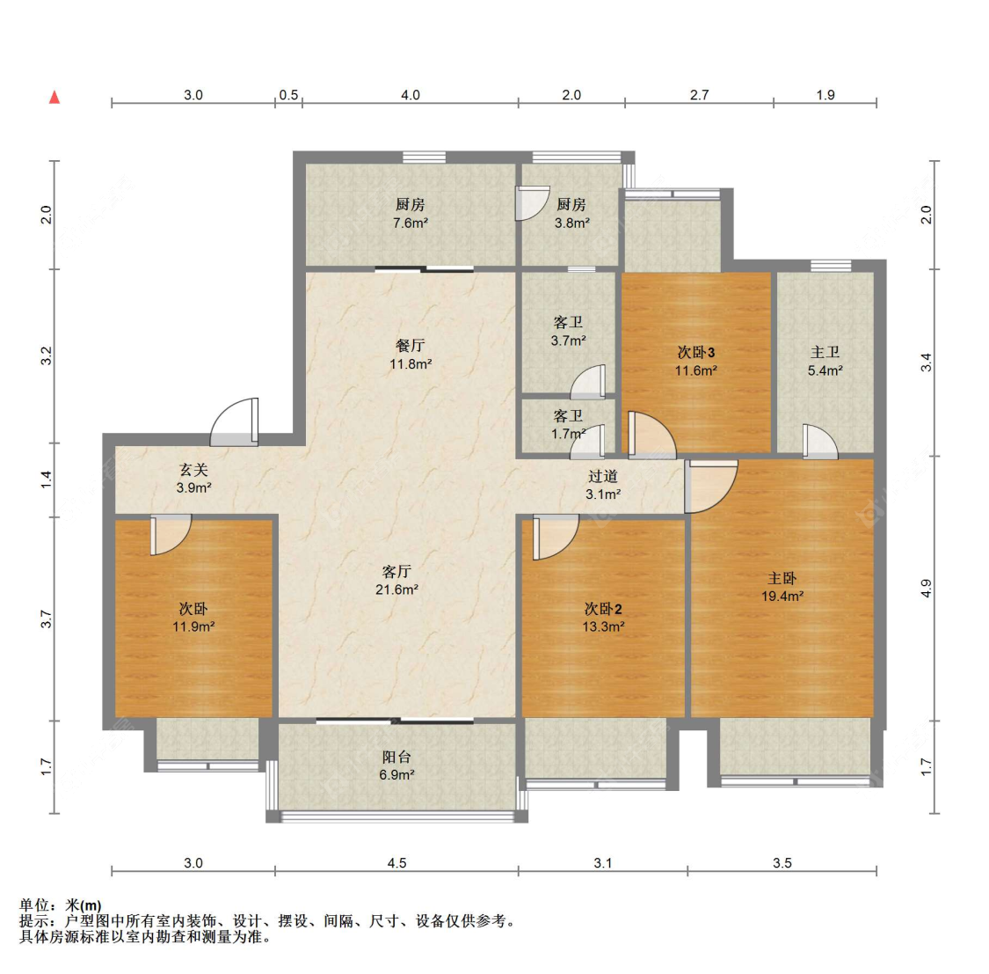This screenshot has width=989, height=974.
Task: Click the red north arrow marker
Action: pos(55,97)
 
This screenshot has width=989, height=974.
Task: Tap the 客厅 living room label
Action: pos(396,571)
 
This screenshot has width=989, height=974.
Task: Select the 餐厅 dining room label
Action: pos(410,345)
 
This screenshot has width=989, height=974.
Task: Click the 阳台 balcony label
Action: pos(396,757)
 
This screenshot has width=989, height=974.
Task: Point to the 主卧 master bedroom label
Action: pos(782,578)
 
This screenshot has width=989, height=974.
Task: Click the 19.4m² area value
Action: pos(782,596)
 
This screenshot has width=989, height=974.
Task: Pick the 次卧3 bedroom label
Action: pos(695,352)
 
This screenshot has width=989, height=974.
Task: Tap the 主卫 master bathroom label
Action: pos(825,352)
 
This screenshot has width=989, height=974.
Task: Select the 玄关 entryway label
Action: pos(193,470)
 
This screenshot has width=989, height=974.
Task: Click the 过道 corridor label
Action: pos(603,477)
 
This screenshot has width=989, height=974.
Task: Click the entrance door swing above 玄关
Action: pos(235,421)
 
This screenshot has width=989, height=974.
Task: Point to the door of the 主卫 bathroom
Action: pos(820,441)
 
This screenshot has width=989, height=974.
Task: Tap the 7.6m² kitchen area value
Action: pos(410,223)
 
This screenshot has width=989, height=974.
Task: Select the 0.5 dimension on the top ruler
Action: pos(288,95)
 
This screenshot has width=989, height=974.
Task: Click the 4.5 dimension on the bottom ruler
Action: pos(396,863)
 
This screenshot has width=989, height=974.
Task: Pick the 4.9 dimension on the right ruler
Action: pos(926,589)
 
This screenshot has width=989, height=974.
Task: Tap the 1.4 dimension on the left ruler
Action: pos(46,480)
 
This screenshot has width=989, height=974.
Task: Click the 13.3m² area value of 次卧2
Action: pos(603,626)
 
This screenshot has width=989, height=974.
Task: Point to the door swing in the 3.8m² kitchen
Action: pos(533,203)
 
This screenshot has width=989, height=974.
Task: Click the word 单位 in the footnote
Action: pos(33,905)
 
